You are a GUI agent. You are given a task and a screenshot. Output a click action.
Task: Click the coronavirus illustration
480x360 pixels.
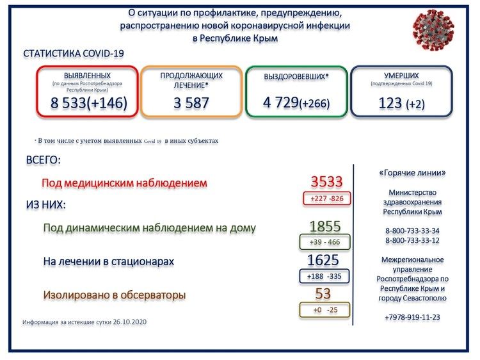(x=433, y=29)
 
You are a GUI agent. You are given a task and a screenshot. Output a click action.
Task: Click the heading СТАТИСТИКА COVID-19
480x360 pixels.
(x=74, y=54)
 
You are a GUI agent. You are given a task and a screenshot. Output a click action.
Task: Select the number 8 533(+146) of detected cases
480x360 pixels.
(x=89, y=103)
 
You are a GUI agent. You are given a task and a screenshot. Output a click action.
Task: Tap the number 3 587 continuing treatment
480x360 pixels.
(x=191, y=103)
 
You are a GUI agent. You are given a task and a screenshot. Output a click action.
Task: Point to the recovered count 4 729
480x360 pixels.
(x=281, y=102)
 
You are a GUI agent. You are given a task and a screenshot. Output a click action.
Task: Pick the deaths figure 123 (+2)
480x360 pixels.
(x=402, y=103)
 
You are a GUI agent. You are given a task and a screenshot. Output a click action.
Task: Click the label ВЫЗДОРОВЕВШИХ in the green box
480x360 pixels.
(x=294, y=76)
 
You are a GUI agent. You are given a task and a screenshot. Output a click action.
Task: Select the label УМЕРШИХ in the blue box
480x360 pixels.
(x=401, y=76)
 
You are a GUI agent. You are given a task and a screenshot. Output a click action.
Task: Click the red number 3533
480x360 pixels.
(x=326, y=181)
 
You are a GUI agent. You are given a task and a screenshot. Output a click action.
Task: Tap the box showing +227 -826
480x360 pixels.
(x=326, y=199)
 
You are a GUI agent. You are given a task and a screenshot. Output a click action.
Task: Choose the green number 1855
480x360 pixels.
(x=324, y=226)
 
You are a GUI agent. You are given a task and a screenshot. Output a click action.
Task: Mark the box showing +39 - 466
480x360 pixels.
(x=324, y=242)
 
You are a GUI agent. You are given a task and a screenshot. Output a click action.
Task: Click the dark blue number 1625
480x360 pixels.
(x=323, y=260)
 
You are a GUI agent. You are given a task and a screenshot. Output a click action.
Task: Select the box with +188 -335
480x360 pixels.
(x=324, y=276)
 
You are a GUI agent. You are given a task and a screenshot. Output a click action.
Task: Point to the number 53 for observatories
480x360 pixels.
(x=323, y=293)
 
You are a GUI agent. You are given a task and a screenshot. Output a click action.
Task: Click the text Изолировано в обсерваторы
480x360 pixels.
(x=115, y=295)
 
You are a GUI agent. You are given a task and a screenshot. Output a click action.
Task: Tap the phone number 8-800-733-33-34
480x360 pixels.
(x=412, y=231)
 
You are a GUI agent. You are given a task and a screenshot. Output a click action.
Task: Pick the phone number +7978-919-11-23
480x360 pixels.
(x=412, y=317)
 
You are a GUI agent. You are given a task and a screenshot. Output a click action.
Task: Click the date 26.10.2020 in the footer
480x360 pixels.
(x=129, y=322)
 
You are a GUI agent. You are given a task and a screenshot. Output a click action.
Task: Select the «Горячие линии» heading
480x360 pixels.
(x=412, y=173)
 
